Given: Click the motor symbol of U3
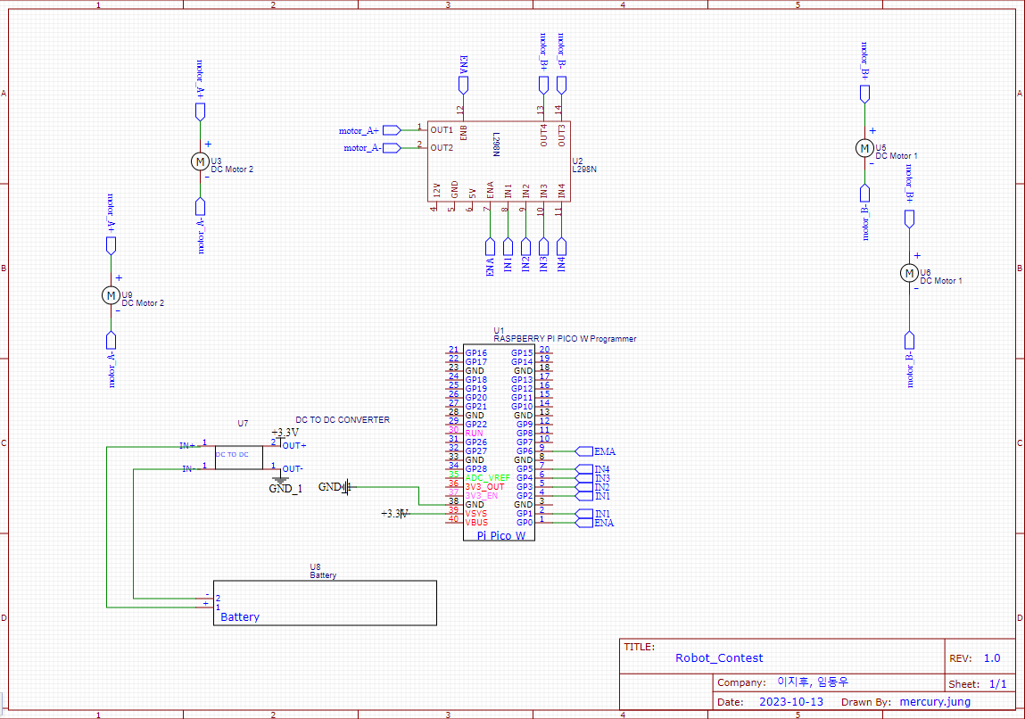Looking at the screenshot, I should click(200, 161).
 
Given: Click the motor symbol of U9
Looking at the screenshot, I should click(112, 294).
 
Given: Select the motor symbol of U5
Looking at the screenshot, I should click(864, 147).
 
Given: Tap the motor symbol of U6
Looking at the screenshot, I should click(909, 272).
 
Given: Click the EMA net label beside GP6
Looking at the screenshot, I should click(604, 451).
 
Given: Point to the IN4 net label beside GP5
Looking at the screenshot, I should click(602, 469).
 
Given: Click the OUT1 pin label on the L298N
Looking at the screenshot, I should click(442, 130).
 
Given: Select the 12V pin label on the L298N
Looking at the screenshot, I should click(436, 190).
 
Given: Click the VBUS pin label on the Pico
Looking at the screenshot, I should click(476, 523).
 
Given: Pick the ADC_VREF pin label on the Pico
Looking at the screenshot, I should click(488, 478).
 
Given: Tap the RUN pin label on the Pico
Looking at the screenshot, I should click(474, 434).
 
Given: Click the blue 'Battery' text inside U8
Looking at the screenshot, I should click(240, 616).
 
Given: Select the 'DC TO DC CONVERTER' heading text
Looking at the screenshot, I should click(342, 420).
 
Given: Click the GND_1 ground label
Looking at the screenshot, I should click(285, 489).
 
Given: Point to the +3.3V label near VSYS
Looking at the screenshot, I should click(393, 514).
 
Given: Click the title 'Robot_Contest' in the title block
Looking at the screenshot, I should click(719, 658).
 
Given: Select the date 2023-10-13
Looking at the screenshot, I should click(790, 702).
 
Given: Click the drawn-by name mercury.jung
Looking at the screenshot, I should click(935, 702).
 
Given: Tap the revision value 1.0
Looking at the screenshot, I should click(992, 658).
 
